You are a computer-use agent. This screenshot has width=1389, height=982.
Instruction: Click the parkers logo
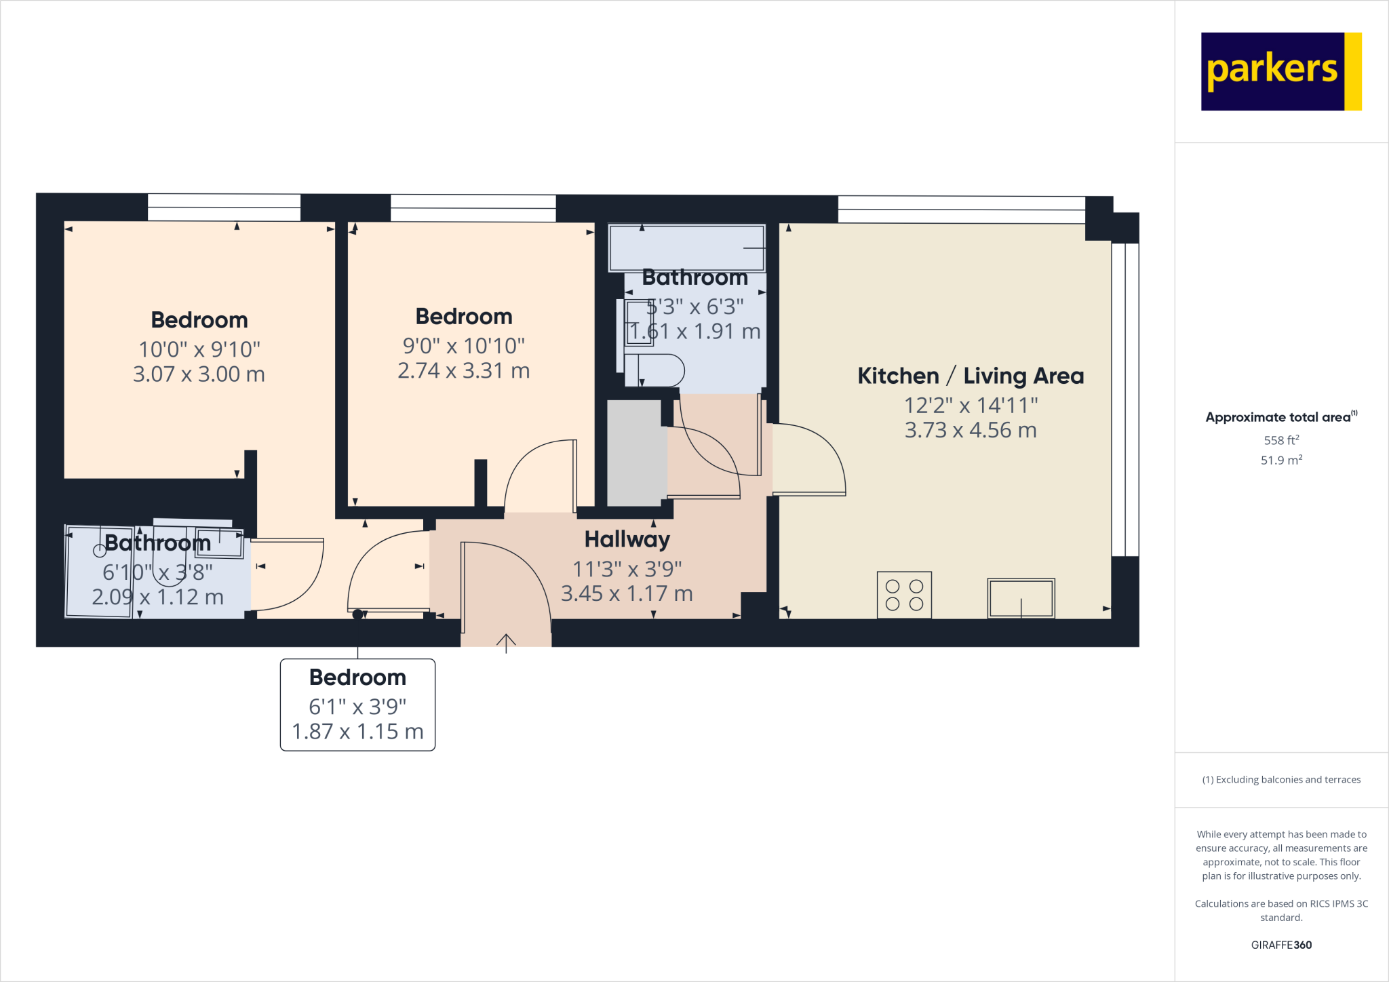click(x=1280, y=71)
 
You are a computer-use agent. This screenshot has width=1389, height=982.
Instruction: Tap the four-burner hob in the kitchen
click(x=904, y=595)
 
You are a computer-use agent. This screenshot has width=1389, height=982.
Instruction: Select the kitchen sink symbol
click(x=1021, y=597)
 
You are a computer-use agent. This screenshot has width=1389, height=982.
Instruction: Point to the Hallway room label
click(x=627, y=539)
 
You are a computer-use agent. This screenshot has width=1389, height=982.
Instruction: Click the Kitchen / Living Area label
click(x=971, y=376)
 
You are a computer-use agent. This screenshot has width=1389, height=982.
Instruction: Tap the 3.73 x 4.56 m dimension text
click(x=971, y=430)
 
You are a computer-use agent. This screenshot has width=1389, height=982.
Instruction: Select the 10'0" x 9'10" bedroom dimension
click(x=199, y=349)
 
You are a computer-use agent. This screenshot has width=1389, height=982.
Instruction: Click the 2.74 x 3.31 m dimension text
click(x=463, y=371)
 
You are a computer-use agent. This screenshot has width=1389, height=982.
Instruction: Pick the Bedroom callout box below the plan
click(x=357, y=705)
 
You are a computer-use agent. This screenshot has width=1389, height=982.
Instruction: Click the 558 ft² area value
click(x=1281, y=440)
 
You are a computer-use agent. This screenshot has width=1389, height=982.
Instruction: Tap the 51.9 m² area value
click(x=1281, y=460)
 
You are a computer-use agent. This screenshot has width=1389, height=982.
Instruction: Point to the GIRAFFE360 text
click(x=1281, y=945)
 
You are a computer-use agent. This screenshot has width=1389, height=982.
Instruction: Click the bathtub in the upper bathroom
click(x=686, y=248)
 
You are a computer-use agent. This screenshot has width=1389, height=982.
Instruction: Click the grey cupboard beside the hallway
click(x=634, y=452)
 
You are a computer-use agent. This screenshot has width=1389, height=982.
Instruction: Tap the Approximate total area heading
click(x=1280, y=417)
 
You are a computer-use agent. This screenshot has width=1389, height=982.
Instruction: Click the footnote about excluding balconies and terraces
click(x=1281, y=779)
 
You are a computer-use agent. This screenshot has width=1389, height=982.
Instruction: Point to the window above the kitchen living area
click(x=961, y=210)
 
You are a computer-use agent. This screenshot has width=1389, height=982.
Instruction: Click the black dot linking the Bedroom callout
click(x=357, y=614)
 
